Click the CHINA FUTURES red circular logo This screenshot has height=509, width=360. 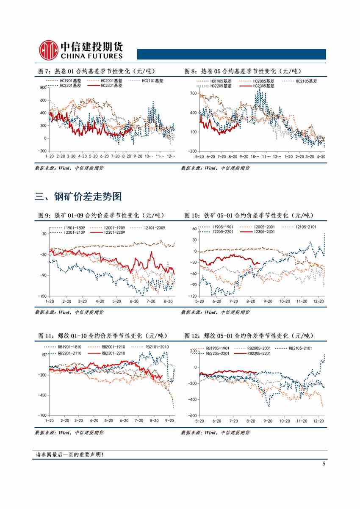[48, 50]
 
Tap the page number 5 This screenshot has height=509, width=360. [324, 464]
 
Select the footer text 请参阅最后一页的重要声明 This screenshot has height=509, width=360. [70, 455]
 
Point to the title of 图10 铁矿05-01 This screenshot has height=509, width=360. [248, 216]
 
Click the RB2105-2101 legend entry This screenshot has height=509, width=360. [300, 348]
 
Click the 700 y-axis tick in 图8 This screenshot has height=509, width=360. [193, 93]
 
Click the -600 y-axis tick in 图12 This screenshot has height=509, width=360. [192, 416]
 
